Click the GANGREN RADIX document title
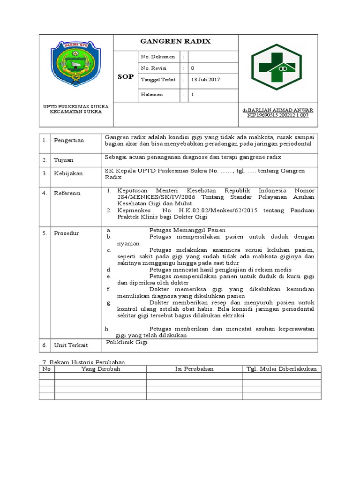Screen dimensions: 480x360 click(x=176, y=41)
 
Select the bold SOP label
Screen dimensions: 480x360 click(x=126, y=76)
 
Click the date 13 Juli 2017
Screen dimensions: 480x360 click(x=205, y=80)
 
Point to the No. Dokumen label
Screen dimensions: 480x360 click(x=158, y=57)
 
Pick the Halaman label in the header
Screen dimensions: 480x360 click(x=152, y=94)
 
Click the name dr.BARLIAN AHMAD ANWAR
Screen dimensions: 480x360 click(x=278, y=110)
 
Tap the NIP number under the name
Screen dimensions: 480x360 click(x=278, y=115)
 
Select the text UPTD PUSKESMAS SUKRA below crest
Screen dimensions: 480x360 click(x=76, y=107)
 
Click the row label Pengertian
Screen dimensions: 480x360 click(x=69, y=140)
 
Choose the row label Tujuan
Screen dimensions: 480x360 click(x=64, y=160)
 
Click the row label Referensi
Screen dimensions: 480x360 click(x=67, y=193)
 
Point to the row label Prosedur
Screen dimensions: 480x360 click(x=67, y=233)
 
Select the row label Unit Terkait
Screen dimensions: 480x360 click(x=70, y=345)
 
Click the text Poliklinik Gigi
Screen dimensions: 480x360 click(x=127, y=343)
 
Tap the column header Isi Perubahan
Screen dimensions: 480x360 click(x=194, y=369)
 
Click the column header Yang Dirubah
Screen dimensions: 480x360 click(x=101, y=369)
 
